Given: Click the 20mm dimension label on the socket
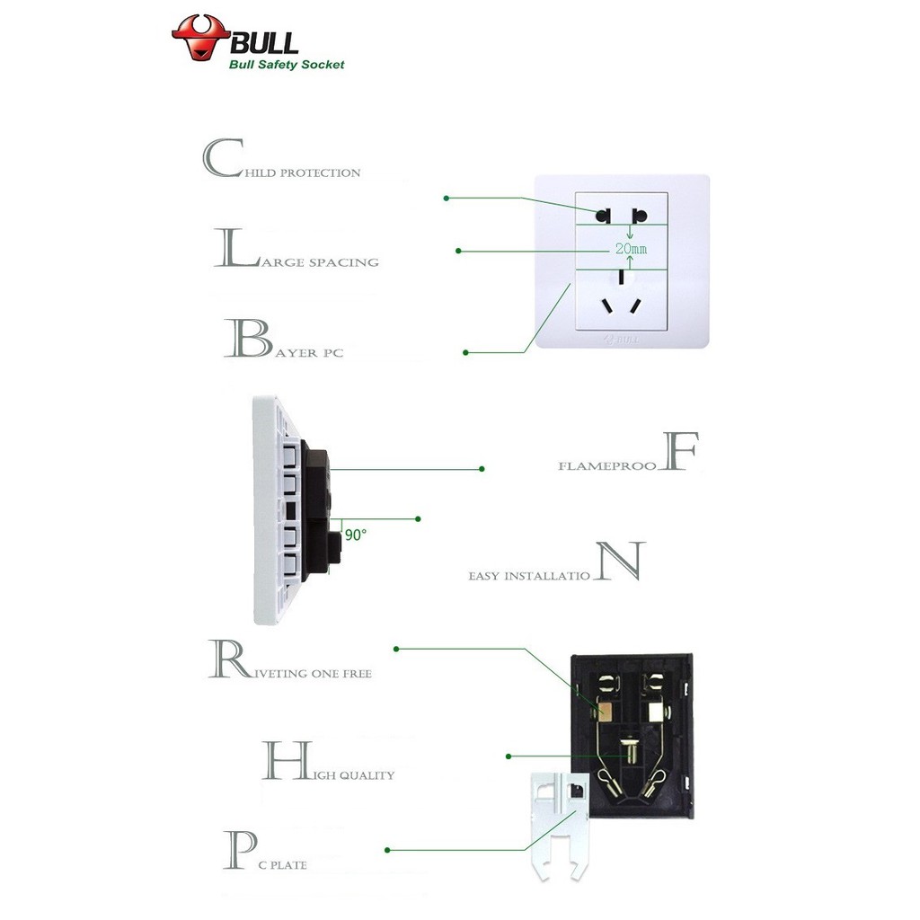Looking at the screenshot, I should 630,247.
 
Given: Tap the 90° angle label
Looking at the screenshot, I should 355,535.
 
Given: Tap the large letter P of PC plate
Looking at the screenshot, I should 238,850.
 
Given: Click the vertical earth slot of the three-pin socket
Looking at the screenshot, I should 621,276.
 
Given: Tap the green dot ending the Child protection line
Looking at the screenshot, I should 447,198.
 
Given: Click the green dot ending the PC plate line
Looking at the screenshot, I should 387,850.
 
